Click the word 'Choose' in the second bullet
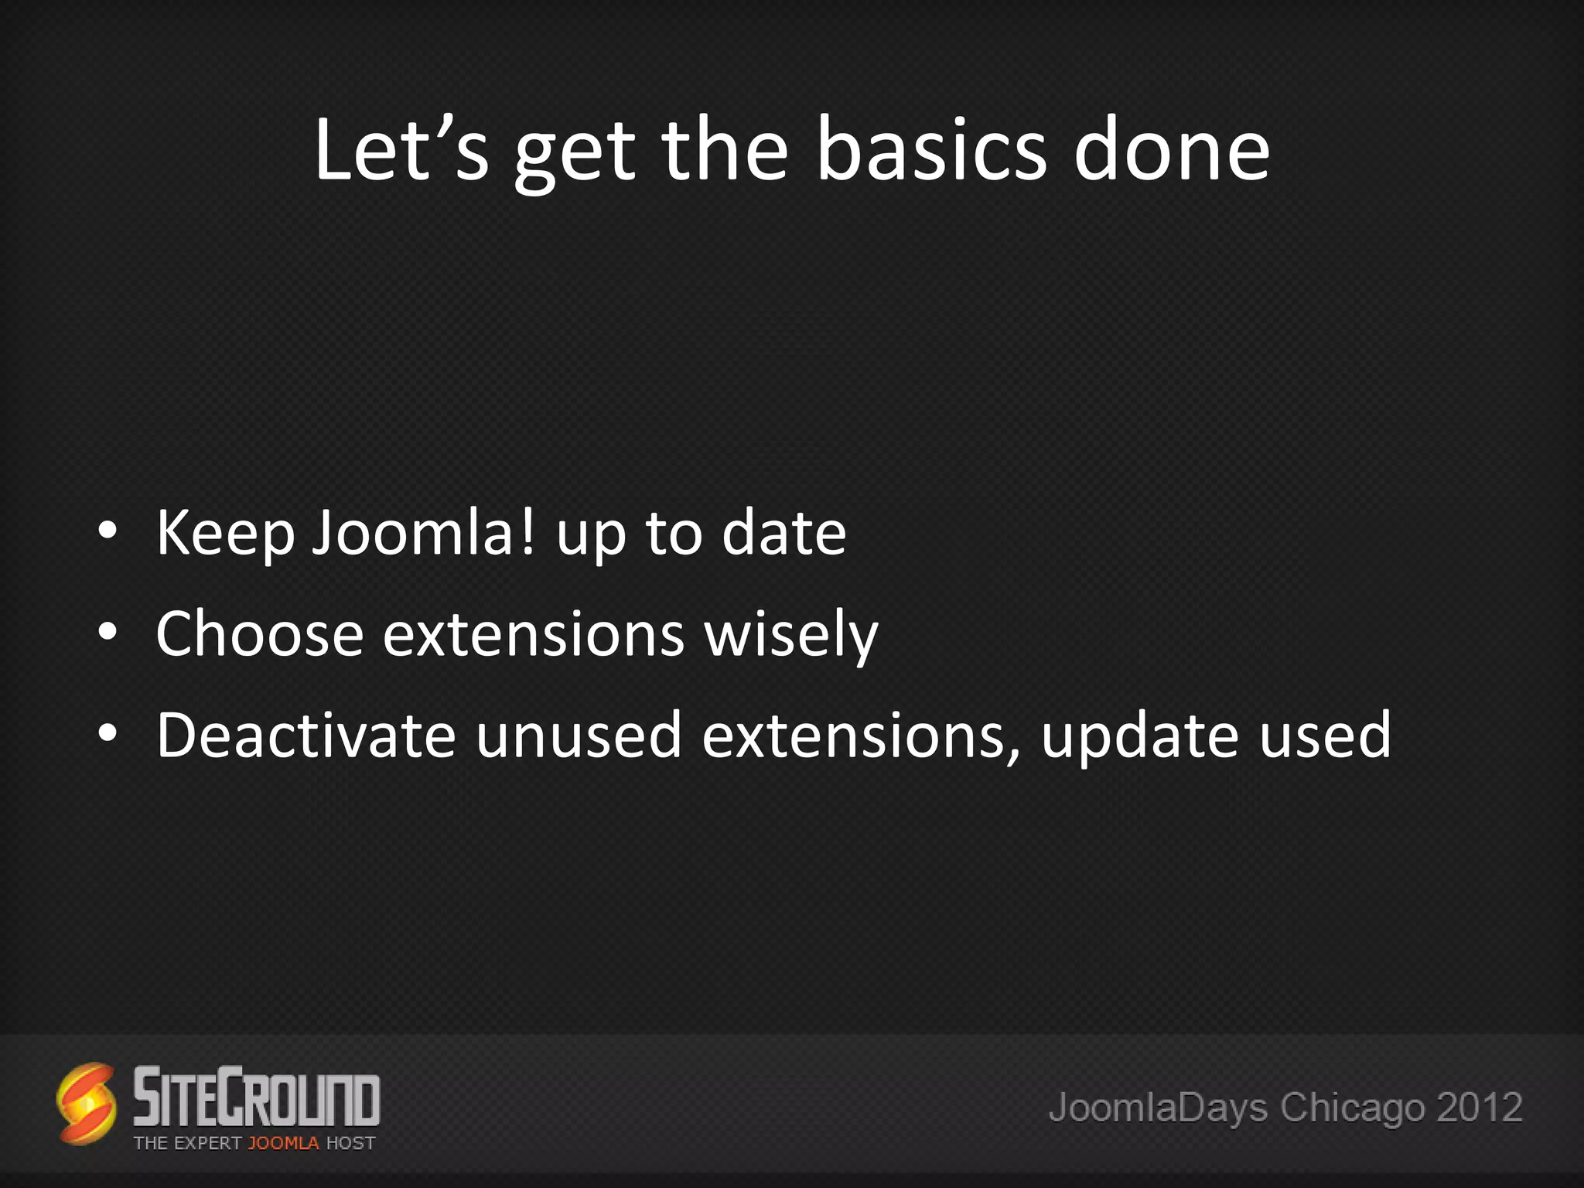click(260, 633)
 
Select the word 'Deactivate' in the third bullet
click(306, 735)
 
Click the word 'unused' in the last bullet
click(579, 735)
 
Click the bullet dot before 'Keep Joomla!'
click(108, 531)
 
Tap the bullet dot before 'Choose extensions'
click(108, 632)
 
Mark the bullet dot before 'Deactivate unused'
click(108, 733)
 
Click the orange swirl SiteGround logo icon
click(87, 1103)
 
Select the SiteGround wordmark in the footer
click(257, 1096)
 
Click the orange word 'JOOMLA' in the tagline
click(283, 1143)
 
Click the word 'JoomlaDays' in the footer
click(1158, 1107)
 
